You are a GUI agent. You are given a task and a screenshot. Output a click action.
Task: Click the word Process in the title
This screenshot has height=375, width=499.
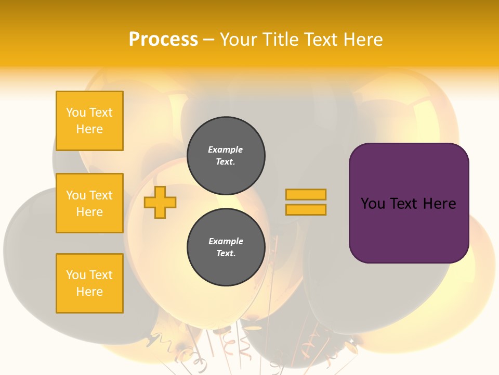163,40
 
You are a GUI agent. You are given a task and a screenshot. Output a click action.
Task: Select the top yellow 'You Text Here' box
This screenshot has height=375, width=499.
89,121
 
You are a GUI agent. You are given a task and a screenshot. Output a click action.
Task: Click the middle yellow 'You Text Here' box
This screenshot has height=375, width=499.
89,203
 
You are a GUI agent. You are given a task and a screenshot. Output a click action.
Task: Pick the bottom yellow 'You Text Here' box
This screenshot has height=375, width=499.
89,283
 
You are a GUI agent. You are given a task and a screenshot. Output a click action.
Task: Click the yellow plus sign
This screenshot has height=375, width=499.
160,203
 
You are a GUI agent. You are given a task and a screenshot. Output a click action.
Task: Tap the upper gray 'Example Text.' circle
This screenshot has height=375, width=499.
226,156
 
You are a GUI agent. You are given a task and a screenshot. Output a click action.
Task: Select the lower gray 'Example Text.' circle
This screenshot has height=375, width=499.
226,247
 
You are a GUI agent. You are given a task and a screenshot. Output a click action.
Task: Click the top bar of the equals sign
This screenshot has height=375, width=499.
306,194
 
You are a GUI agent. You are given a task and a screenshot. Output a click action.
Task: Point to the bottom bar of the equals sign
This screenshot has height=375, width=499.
306,209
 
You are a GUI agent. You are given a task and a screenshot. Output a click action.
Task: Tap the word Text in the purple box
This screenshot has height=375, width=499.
405,204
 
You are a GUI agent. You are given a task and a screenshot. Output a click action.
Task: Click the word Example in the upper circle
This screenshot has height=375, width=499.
226,149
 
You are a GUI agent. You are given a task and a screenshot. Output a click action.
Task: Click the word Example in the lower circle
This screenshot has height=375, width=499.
226,241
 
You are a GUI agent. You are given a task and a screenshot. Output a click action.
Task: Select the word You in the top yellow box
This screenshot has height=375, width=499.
76,113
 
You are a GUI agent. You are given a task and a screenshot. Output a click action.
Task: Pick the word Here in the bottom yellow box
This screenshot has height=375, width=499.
89,292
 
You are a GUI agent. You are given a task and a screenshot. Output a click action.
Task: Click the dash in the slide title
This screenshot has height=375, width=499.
208,40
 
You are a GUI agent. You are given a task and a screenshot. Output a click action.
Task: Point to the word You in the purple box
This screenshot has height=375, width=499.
373,204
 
